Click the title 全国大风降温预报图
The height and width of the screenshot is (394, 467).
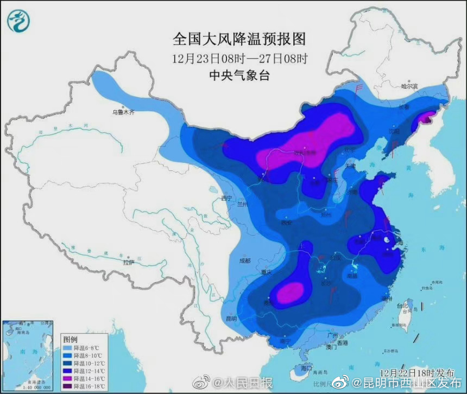coord(239,40)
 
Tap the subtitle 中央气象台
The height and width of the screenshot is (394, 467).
coord(239,75)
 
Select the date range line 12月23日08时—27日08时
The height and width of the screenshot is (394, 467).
coord(239,58)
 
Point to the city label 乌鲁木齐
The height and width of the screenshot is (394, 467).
coord(123,112)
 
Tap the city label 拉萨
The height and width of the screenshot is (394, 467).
coord(128,263)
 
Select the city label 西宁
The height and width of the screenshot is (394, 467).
coord(226,199)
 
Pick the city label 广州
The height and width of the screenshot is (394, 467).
coord(334,336)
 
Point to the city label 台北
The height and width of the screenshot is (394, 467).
coord(402,306)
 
